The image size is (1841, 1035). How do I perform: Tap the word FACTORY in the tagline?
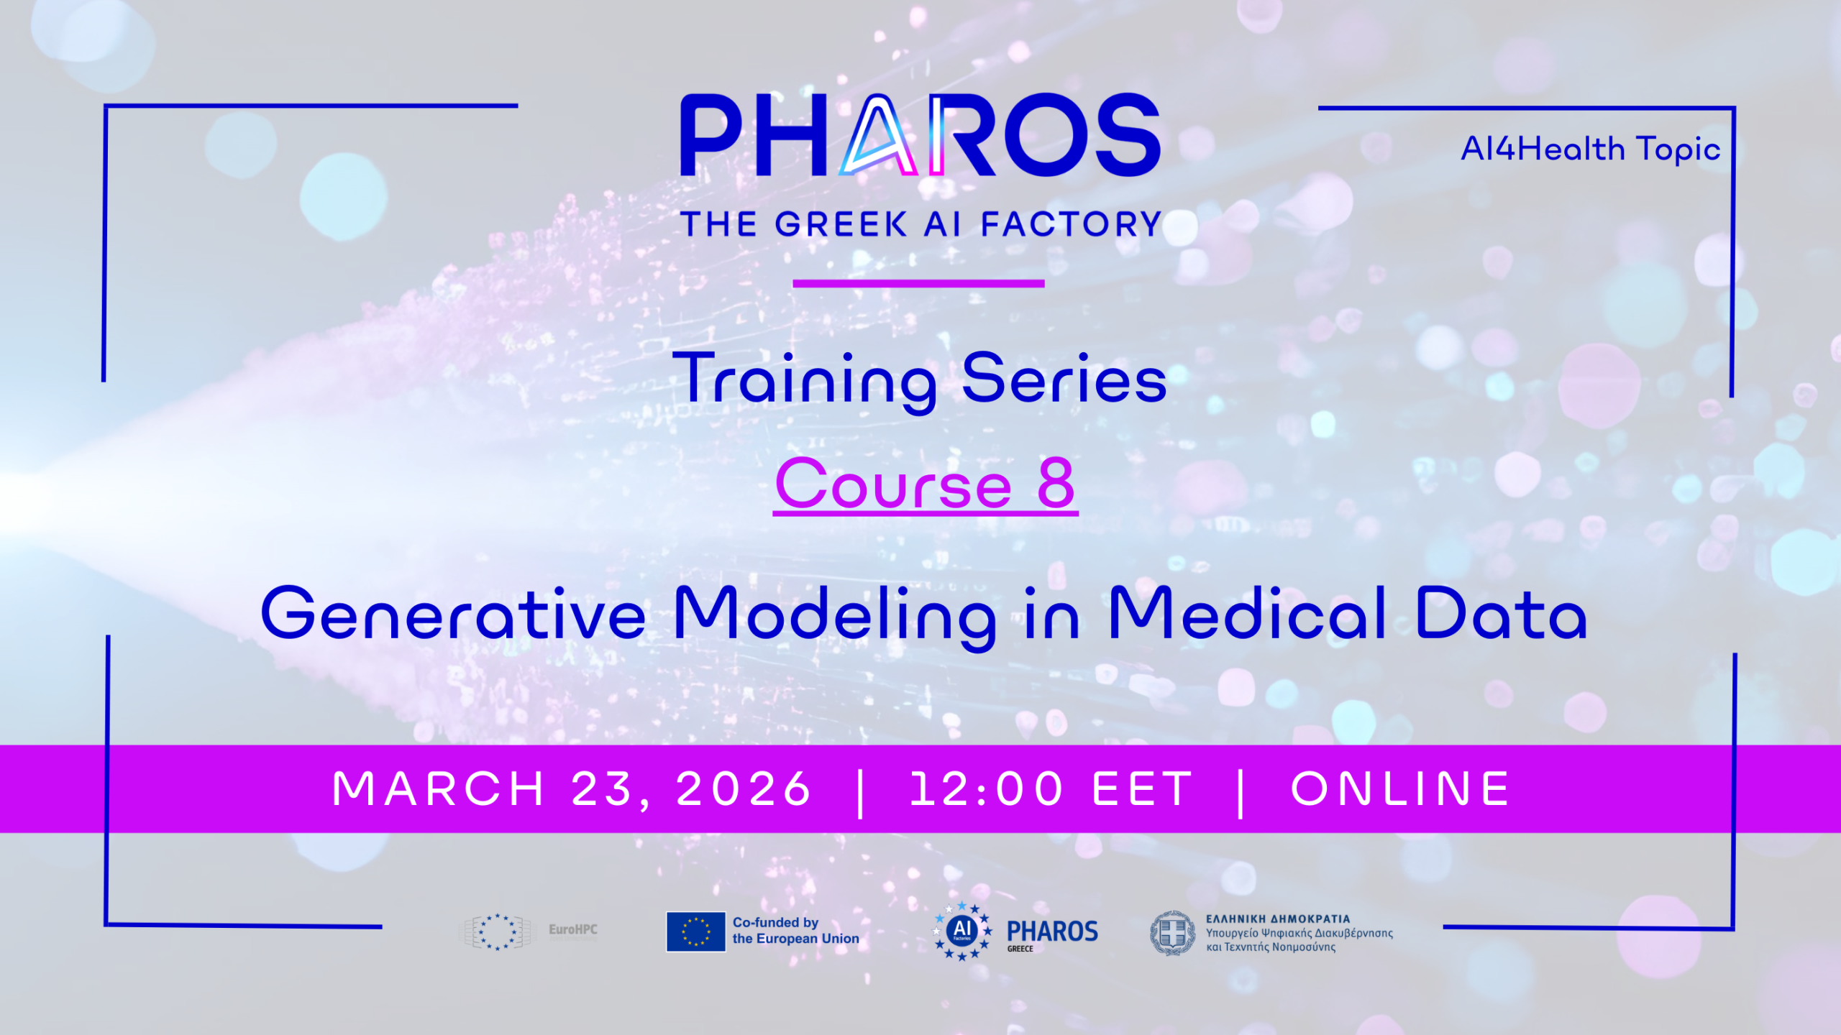(1072, 224)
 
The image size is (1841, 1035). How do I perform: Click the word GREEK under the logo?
(841, 224)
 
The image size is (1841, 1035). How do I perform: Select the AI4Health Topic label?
(1591, 149)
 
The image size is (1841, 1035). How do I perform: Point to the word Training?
(804, 381)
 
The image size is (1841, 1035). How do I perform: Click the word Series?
(1064, 378)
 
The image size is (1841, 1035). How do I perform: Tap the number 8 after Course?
(1056, 483)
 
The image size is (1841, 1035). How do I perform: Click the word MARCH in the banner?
(438, 789)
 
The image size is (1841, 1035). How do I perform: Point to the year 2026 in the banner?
(744, 789)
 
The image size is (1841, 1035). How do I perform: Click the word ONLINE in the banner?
(1401, 789)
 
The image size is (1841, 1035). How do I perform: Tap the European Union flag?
(695, 931)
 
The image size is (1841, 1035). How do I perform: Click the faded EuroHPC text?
(573, 929)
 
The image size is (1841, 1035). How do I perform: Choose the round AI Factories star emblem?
(962, 931)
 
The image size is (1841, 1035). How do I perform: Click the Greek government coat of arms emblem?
(1172, 933)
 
